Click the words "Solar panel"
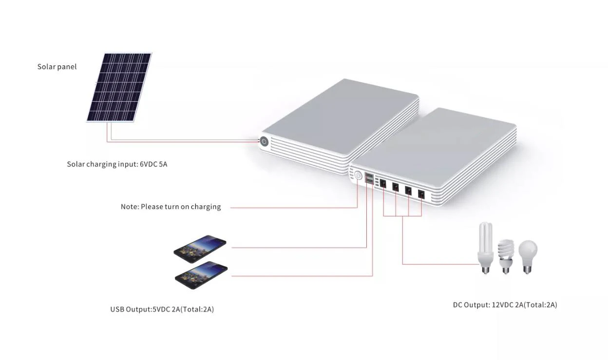coord(57,67)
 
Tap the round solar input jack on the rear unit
coord(264,142)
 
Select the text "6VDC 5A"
coord(153,164)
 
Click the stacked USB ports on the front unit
coord(369,179)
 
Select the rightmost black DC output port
coord(421,194)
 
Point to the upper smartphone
coord(200,246)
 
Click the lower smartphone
coord(201,274)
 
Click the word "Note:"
coord(130,207)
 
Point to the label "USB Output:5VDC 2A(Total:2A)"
coord(162,309)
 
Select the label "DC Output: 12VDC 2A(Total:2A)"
coord(505,305)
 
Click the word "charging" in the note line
coord(206,207)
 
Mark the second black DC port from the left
coord(396,187)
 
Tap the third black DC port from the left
coord(408,190)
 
